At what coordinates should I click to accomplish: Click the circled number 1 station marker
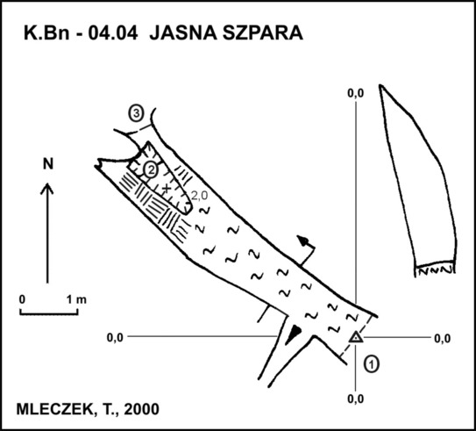[x=372, y=363]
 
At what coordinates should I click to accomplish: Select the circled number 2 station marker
[x=151, y=170]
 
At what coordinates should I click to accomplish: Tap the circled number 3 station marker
[x=136, y=113]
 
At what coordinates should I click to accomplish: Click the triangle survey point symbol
[x=356, y=338]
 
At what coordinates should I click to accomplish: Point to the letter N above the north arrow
[x=48, y=164]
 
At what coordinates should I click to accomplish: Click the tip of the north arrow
[x=47, y=183]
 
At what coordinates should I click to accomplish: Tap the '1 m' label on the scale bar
[x=76, y=300]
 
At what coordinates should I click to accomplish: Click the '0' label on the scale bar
[x=22, y=299]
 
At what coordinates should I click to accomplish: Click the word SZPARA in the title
[x=263, y=32]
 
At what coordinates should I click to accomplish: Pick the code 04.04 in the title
[x=113, y=32]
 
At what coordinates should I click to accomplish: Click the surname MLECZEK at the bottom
[x=54, y=409]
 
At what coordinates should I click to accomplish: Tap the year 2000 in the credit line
[x=141, y=409]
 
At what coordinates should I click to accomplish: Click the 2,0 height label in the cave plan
[x=200, y=196]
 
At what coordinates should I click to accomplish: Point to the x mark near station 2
[x=166, y=189]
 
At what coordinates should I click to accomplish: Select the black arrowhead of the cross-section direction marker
[x=302, y=241]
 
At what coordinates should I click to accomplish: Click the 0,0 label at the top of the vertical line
[x=356, y=94]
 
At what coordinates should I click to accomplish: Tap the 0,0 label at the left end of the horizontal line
[x=115, y=338]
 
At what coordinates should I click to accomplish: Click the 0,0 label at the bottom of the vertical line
[x=356, y=399]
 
